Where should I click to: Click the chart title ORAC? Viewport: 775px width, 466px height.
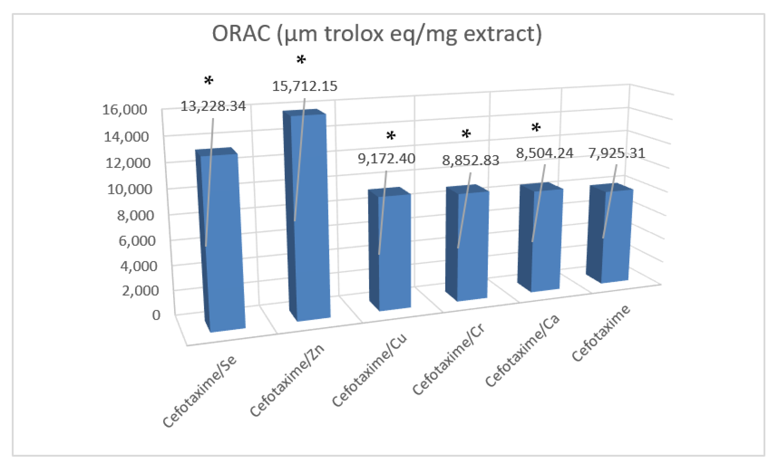[377, 34]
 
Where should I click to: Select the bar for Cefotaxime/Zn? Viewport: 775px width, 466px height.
[310, 217]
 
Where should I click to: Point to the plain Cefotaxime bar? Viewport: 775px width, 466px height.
[615, 236]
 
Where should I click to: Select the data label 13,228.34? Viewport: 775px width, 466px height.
[213, 107]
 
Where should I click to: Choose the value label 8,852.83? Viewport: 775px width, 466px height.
[470, 160]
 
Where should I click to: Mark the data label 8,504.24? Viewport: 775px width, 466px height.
[544, 153]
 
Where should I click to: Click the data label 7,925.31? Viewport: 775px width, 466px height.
[616, 153]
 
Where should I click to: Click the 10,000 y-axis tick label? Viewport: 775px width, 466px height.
[129, 189]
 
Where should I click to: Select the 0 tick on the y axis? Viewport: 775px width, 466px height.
[156, 315]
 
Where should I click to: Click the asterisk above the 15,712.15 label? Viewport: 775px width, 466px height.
[301, 60]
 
